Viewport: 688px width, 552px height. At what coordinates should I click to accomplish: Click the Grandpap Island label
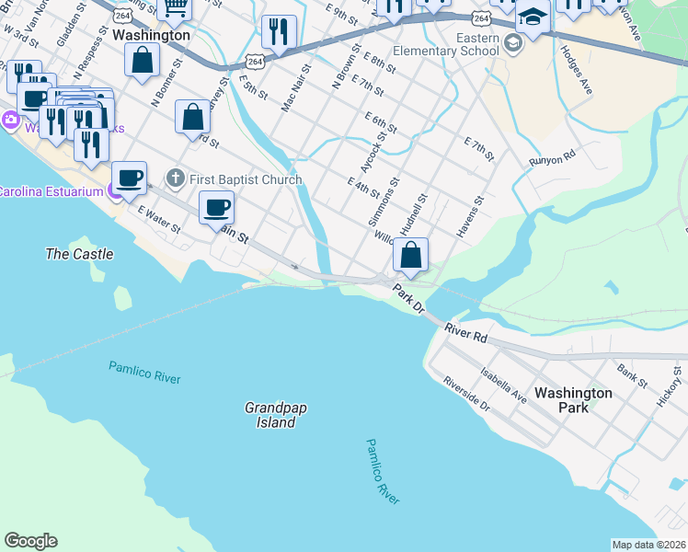pos(270,415)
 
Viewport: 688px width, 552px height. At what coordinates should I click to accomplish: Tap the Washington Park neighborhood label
pos(573,399)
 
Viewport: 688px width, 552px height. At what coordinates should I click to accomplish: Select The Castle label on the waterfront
pos(80,254)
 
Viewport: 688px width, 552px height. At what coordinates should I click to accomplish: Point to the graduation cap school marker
pos(533,17)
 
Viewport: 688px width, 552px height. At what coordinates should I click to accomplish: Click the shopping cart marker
pos(174,7)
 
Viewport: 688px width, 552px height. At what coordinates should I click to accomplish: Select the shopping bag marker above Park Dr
pos(411,255)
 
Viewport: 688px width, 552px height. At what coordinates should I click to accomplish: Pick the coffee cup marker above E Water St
pos(129,178)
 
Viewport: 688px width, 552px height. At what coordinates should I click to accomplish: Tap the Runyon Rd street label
pos(551,158)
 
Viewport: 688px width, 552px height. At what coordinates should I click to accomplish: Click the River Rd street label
pos(465,332)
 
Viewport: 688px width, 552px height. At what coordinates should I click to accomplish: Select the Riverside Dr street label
pos(465,394)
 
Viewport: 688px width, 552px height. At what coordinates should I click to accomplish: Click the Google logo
pos(30,541)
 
